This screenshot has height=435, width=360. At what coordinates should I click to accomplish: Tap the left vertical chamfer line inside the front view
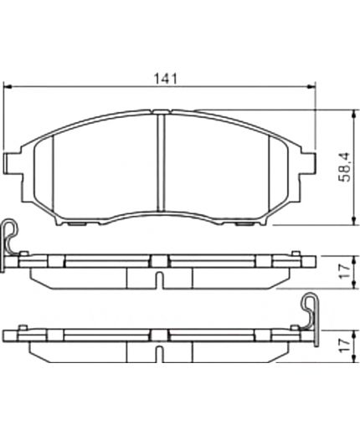tap(52, 176)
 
